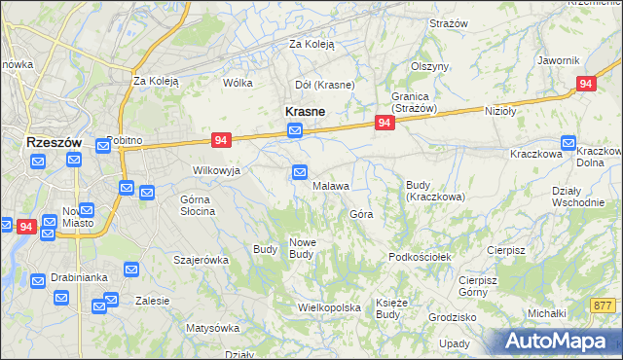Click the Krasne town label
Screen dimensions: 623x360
coord(304,112)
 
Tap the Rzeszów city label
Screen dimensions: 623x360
coord(53,142)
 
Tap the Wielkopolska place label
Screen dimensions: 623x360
coord(329,307)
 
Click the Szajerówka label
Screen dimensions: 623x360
coord(201,260)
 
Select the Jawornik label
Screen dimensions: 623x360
coord(558,60)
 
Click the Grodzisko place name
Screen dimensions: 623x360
coord(452,317)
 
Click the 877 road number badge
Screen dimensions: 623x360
coord(604,305)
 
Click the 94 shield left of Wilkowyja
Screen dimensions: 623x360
coord(219,141)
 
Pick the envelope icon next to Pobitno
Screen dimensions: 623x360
coord(103,146)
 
